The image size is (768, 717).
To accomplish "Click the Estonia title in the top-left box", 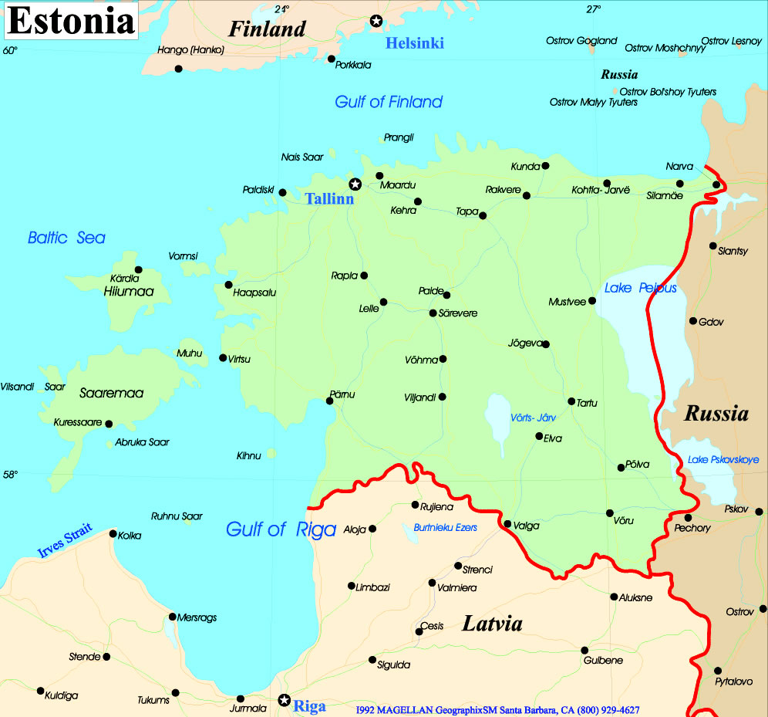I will coord(71,22).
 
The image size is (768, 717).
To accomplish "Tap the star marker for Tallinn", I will coord(355,184).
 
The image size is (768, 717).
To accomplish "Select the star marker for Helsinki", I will coord(376,20).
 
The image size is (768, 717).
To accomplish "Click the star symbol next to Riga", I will coord(285,701).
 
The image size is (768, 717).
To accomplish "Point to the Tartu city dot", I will coord(571,401).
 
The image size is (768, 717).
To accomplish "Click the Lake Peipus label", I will coord(640,288).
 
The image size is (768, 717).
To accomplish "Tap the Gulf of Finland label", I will coord(389,102).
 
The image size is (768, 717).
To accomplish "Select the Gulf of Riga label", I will coord(281,529).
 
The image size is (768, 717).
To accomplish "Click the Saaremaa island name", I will coord(112,393).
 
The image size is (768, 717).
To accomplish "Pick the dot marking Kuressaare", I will coord(109,424).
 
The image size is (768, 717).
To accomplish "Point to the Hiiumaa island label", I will coord(129,291).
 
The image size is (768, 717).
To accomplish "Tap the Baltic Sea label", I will coord(66,238).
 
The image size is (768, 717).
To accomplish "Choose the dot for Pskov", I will coord(760,511).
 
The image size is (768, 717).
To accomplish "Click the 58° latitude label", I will coord(9,475).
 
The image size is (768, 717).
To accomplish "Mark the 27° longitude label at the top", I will coord(592,9).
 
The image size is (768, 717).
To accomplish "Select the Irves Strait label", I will coord(66,540).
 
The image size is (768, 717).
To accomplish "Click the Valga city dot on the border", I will coord(507,524).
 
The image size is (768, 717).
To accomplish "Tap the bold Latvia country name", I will coord(492,624).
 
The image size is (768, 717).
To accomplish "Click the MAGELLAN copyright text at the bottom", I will coord(497,709).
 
